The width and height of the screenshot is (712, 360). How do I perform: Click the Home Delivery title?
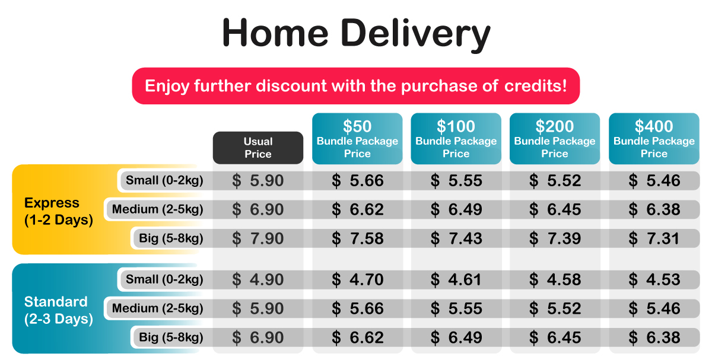pos(356,34)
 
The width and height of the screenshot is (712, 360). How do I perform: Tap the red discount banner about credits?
pos(355,85)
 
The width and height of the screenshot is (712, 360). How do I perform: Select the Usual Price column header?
pos(258,148)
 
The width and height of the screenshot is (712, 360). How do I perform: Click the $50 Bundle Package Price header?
pos(357,139)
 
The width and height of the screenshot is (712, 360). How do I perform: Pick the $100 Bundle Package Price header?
pos(456,139)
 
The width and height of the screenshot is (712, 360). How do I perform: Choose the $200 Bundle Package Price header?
pos(555,139)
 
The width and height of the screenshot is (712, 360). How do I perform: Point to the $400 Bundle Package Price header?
pos(654,139)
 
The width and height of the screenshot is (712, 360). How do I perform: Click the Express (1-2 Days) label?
pos(58,211)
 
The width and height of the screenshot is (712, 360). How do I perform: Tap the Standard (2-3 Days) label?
pos(58,310)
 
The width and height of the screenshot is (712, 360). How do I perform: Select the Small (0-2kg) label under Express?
pos(161,181)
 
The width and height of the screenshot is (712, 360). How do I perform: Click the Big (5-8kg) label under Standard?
pos(169,338)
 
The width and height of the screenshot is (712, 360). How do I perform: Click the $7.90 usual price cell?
pos(258,238)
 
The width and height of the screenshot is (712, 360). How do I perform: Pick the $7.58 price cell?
pos(357,238)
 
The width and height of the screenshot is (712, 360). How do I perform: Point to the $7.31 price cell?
pos(654,238)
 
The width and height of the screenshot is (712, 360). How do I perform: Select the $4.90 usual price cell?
pos(258,279)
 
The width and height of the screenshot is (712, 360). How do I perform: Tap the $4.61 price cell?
pos(456,279)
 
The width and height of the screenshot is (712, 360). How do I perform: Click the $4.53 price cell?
pos(654,279)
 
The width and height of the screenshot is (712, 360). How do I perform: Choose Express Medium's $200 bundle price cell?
pos(555,209)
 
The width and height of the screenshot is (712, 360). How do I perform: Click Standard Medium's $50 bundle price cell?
pos(357,308)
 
